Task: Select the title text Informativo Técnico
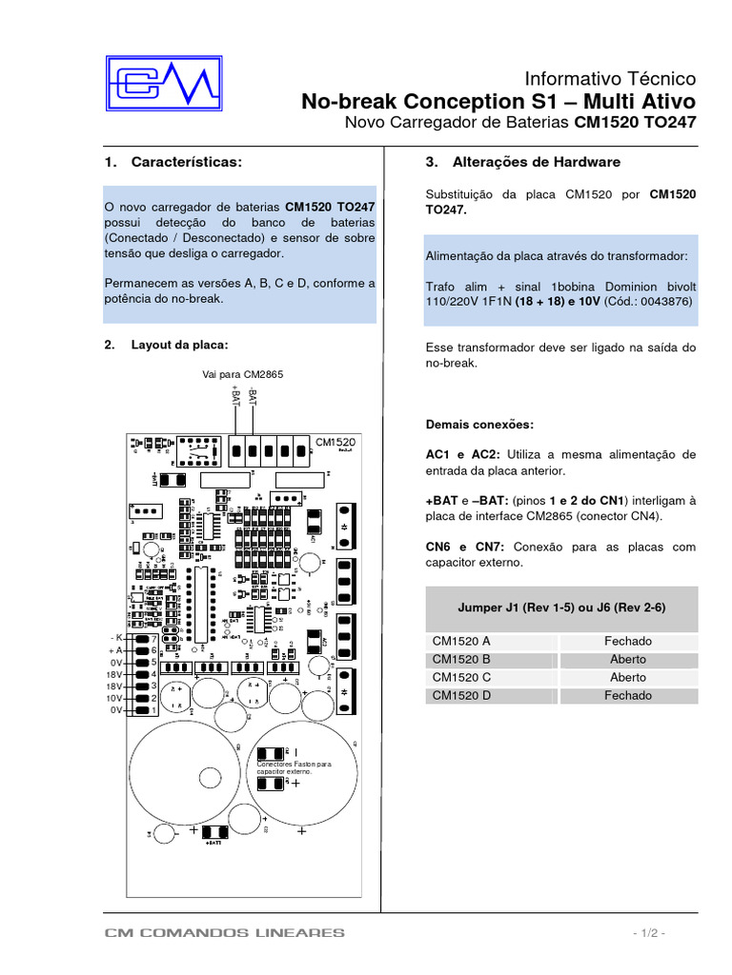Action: point(611,78)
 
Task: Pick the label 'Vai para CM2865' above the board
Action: point(242,374)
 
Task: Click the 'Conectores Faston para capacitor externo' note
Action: point(294,766)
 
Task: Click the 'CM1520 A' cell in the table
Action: point(461,642)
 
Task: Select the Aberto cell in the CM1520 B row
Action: point(628,660)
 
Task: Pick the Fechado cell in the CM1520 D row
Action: point(628,695)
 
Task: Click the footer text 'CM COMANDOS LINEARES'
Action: point(225,933)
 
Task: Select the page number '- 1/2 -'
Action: point(646,933)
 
